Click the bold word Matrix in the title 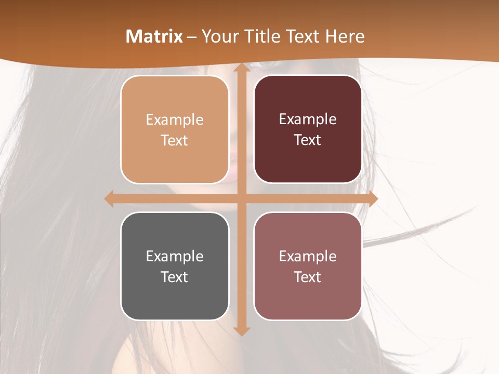click(x=154, y=36)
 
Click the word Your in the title click(x=219, y=36)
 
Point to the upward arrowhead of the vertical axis click(x=241, y=69)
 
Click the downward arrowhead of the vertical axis click(x=241, y=330)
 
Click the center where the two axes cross click(x=241, y=199)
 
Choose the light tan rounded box click(x=175, y=129)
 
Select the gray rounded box click(x=175, y=266)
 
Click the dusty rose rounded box click(x=308, y=266)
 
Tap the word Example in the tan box click(x=175, y=120)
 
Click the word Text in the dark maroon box click(x=308, y=140)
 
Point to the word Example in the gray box click(x=175, y=257)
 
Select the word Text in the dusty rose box click(x=308, y=277)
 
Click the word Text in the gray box click(x=175, y=277)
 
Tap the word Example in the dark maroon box click(x=308, y=119)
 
